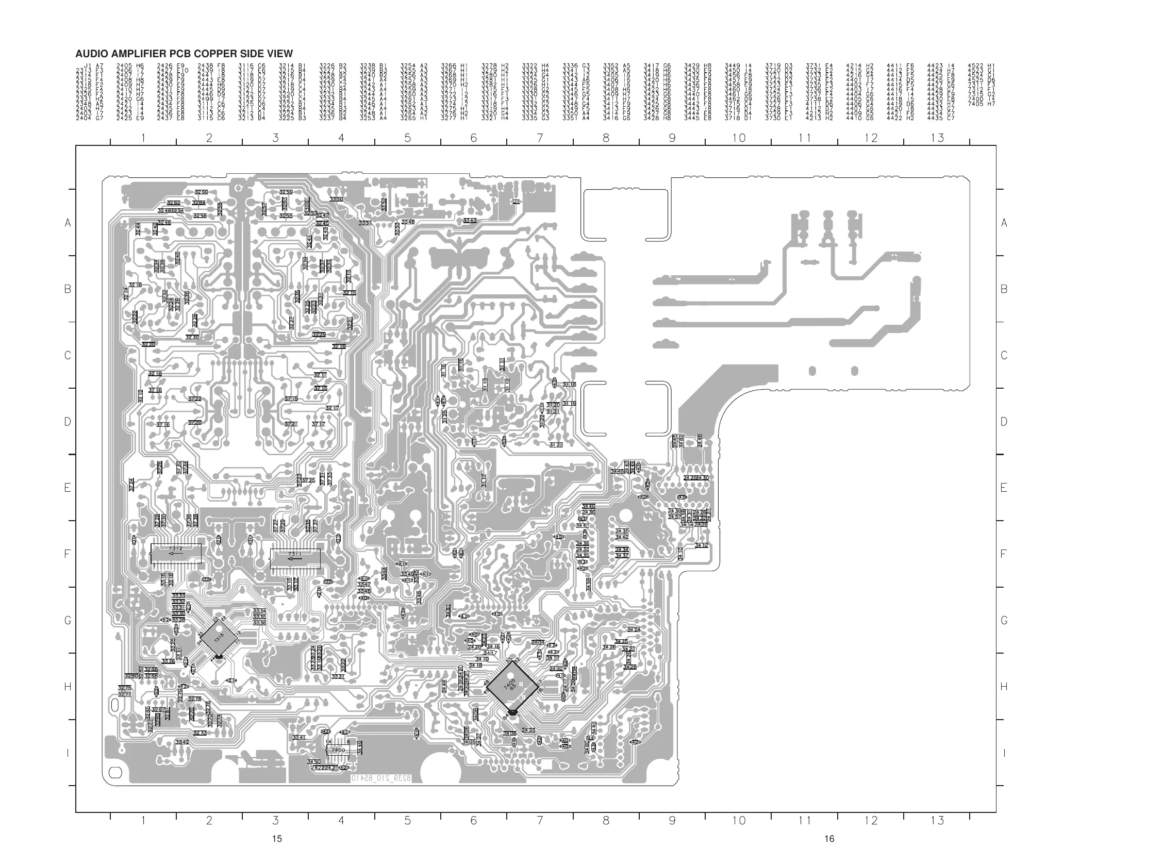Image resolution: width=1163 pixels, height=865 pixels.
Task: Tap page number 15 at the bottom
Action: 277,838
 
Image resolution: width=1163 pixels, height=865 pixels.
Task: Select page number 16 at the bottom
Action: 829,838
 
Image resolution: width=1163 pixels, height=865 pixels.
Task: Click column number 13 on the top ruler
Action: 937,138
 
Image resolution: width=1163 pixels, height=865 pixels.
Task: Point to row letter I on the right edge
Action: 1003,753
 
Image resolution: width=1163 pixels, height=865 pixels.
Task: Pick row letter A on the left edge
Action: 68,223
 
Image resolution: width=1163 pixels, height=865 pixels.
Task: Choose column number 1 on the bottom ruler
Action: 143,820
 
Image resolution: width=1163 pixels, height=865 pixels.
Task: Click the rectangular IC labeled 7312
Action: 176,554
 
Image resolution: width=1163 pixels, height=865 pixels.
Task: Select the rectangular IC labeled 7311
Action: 295,558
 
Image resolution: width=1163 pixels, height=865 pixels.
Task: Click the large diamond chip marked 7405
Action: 512,686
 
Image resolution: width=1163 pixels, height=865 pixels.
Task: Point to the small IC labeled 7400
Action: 338,750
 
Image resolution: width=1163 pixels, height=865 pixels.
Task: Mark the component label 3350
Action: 336,199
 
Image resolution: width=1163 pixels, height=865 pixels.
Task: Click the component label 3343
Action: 470,221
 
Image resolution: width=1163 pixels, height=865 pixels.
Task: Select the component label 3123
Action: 556,444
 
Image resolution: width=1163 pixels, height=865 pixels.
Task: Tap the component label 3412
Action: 702,545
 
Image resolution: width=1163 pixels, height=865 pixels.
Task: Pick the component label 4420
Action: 635,742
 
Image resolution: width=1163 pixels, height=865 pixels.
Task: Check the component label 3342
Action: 182,742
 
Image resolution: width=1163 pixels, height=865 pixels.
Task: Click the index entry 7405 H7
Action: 981,104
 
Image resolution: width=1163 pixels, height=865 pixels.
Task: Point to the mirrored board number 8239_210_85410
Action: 380,778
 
